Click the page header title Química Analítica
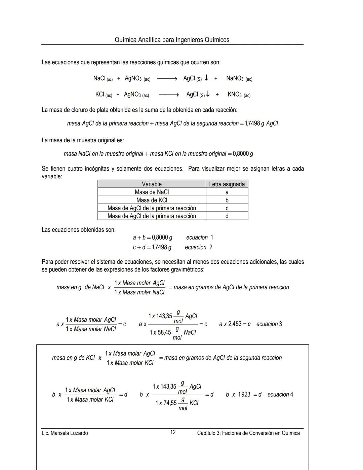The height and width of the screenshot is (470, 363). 172,40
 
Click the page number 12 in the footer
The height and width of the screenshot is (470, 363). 173,432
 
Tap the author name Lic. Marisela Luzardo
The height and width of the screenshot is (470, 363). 65,433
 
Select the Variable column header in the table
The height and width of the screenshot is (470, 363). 152,184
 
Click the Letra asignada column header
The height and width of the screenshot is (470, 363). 227,184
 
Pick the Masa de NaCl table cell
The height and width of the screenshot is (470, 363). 152,192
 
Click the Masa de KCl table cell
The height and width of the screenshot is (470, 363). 152,200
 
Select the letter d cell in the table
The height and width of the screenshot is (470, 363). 227,216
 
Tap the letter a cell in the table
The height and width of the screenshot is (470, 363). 227,192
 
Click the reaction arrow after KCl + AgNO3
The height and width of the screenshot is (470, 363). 168,95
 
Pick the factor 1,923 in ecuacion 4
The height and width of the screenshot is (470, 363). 244,394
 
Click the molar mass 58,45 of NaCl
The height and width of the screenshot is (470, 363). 164,333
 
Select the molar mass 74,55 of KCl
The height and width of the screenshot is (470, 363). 170,403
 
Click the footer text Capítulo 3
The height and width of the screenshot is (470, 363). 248,433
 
